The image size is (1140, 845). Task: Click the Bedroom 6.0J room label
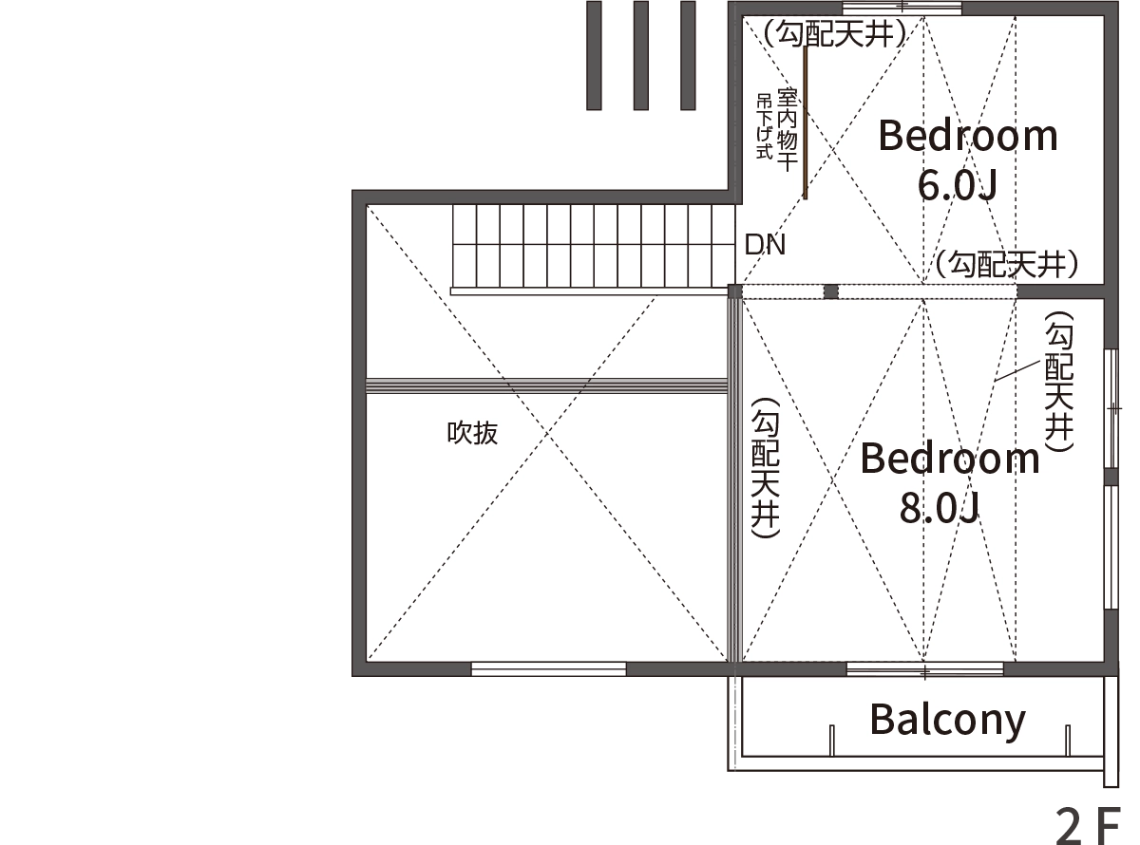click(x=968, y=160)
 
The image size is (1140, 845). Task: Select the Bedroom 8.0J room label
click(x=950, y=481)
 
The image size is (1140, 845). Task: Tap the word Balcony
click(x=947, y=721)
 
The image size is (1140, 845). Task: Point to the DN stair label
click(x=765, y=245)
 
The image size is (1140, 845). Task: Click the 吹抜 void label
click(x=472, y=433)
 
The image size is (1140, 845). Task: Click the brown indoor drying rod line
click(x=805, y=122)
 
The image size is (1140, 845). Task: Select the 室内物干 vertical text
click(x=787, y=129)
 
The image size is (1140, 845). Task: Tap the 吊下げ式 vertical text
click(x=765, y=126)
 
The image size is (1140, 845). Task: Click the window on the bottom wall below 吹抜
click(x=548, y=668)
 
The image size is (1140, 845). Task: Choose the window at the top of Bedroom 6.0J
click(x=902, y=9)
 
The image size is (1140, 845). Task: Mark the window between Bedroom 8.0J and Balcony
click(x=924, y=668)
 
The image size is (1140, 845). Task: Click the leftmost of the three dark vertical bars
click(x=594, y=55)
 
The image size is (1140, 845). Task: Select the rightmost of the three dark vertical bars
click(x=688, y=55)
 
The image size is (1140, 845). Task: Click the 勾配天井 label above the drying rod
click(x=834, y=33)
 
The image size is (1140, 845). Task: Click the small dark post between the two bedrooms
click(x=830, y=291)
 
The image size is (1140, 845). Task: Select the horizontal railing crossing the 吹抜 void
click(x=547, y=385)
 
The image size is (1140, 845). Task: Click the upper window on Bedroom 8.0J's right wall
click(x=1111, y=408)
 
